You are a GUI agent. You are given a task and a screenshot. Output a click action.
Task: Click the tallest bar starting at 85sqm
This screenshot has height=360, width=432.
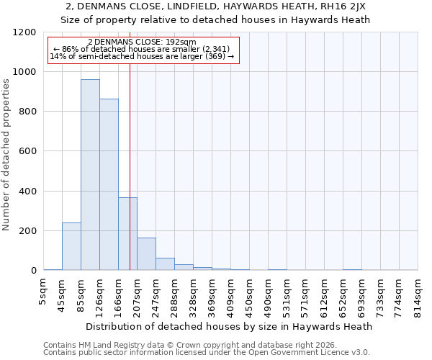(90, 175)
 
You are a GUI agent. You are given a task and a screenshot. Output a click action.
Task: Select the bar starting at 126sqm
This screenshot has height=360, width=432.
(109, 184)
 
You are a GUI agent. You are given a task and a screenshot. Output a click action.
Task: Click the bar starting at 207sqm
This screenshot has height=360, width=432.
(146, 254)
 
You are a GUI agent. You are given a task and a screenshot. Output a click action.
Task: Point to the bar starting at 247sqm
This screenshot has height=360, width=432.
(165, 264)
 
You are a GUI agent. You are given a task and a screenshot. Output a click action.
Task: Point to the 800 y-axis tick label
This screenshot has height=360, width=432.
(27, 112)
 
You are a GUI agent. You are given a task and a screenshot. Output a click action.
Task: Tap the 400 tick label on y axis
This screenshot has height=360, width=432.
(27, 192)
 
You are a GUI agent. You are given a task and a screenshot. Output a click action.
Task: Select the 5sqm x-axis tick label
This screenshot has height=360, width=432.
(44, 292)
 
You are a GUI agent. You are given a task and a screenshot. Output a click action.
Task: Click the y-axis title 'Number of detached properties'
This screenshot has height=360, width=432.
(7, 151)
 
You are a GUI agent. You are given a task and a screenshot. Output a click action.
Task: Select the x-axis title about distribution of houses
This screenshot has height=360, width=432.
(230, 326)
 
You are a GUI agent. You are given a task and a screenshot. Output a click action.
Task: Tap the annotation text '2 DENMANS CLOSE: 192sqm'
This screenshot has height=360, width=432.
(142, 42)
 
